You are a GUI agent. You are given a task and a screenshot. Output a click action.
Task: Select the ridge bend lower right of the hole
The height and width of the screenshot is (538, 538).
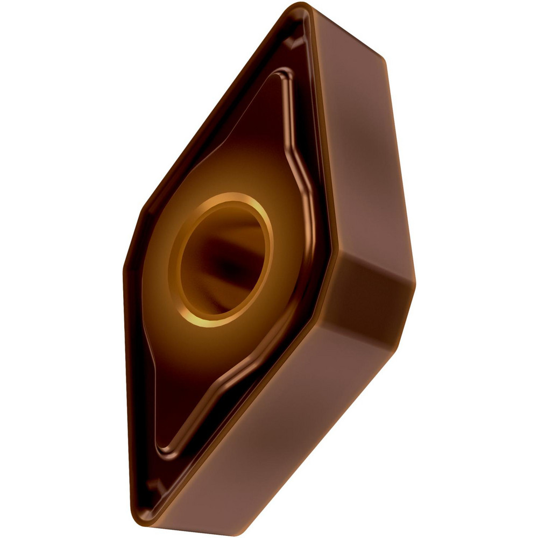[x=293, y=344]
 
